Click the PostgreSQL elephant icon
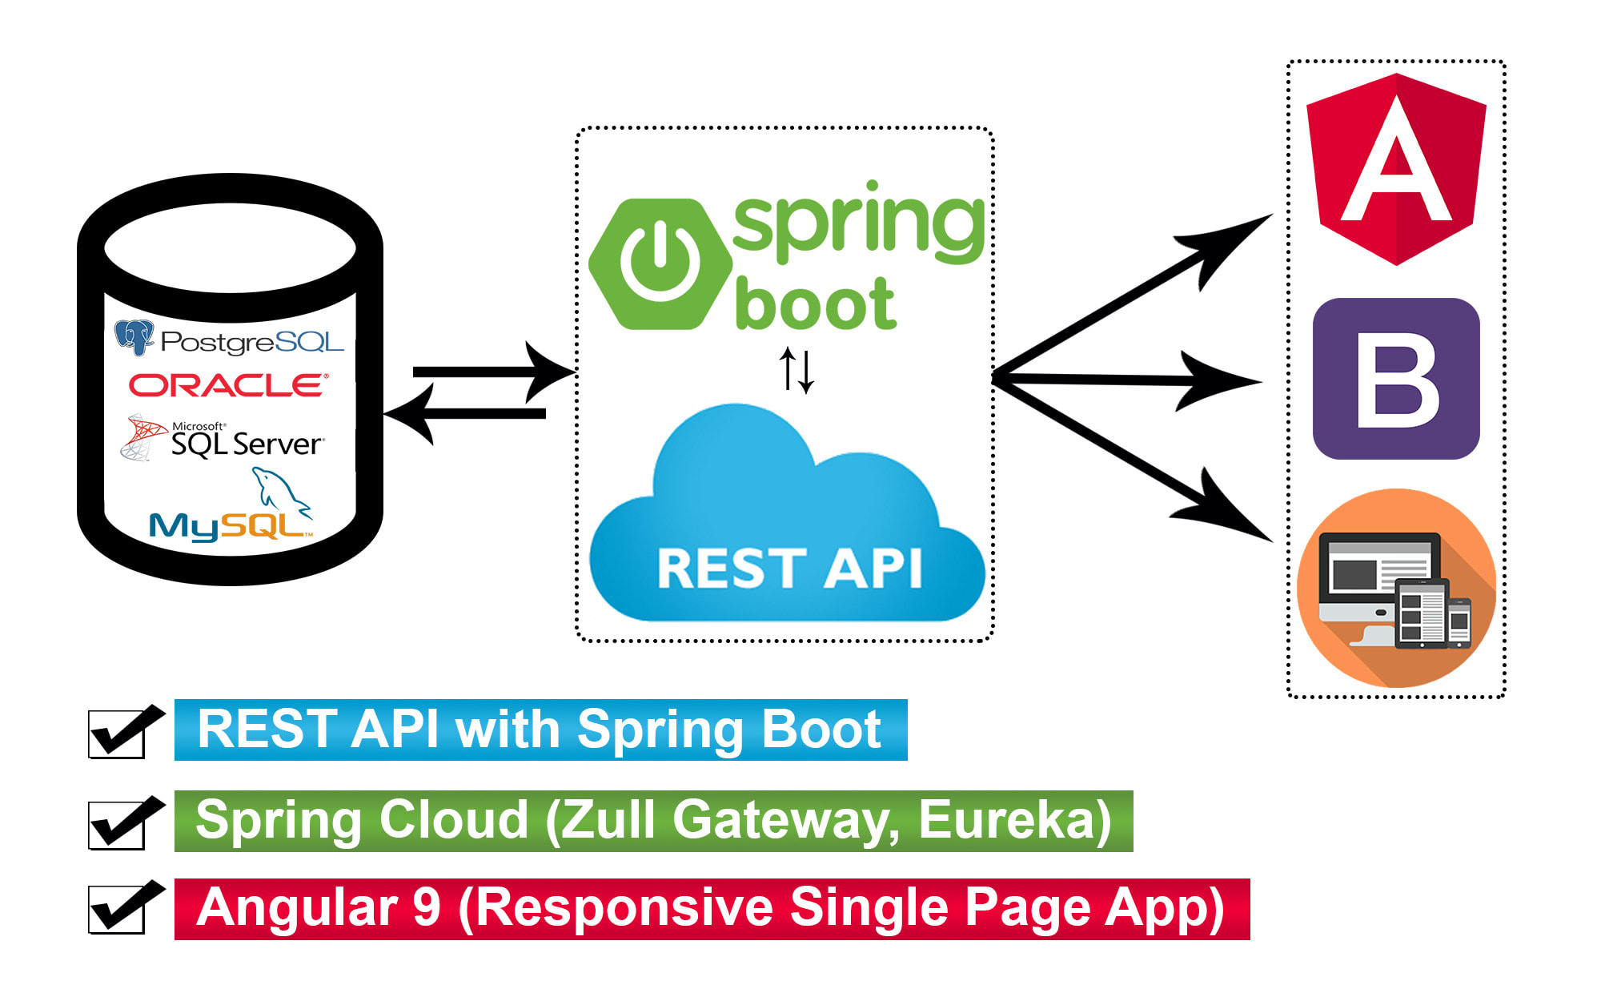pyautogui.click(x=134, y=337)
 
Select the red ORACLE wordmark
pyautogui.click(x=228, y=385)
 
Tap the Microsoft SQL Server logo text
pyautogui.click(x=246, y=442)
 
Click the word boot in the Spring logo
pyautogui.click(x=815, y=304)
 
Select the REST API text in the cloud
pyautogui.click(x=789, y=569)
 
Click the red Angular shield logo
pyautogui.click(x=1396, y=168)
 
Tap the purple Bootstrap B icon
pyautogui.click(x=1396, y=379)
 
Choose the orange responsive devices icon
pyautogui.click(x=1396, y=589)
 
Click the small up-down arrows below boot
pyautogui.click(x=796, y=369)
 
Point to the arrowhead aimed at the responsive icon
pyautogui.click(x=1233, y=513)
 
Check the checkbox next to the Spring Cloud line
pyautogui.click(x=117, y=825)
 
